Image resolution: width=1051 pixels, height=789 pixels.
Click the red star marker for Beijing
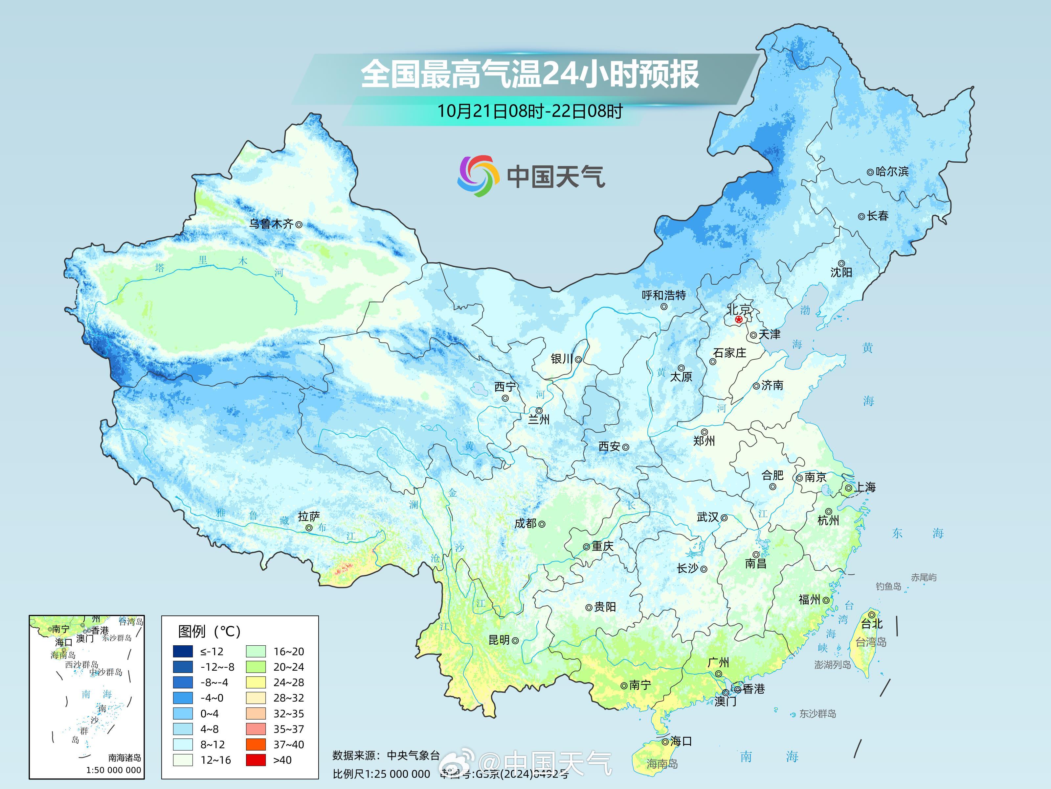pyautogui.click(x=738, y=320)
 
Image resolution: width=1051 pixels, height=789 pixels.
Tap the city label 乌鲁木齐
pyautogui.click(x=271, y=224)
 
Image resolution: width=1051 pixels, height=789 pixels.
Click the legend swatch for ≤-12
pyautogui.click(x=183, y=651)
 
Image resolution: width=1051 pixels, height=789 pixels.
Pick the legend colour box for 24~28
pyautogui.click(x=256, y=682)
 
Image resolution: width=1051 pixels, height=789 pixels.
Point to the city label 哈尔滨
pyautogui.click(x=892, y=171)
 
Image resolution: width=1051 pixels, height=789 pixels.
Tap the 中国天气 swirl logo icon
pyautogui.click(x=478, y=176)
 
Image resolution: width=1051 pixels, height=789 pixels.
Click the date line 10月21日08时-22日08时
pyautogui.click(x=529, y=111)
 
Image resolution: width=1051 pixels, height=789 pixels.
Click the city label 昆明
pyautogui.click(x=499, y=640)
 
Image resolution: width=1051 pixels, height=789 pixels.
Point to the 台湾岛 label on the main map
pyautogui.click(x=871, y=642)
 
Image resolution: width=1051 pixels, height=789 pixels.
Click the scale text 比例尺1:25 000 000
pyautogui.click(x=381, y=774)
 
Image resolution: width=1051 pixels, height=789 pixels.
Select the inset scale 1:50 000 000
pyautogui.click(x=114, y=770)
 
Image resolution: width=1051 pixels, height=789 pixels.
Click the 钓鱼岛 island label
pyautogui.click(x=888, y=586)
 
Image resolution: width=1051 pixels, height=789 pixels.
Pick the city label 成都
pyautogui.click(x=525, y=523)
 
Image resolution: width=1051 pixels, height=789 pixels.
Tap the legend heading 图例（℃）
pyautogui.click(x=209, y=631)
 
